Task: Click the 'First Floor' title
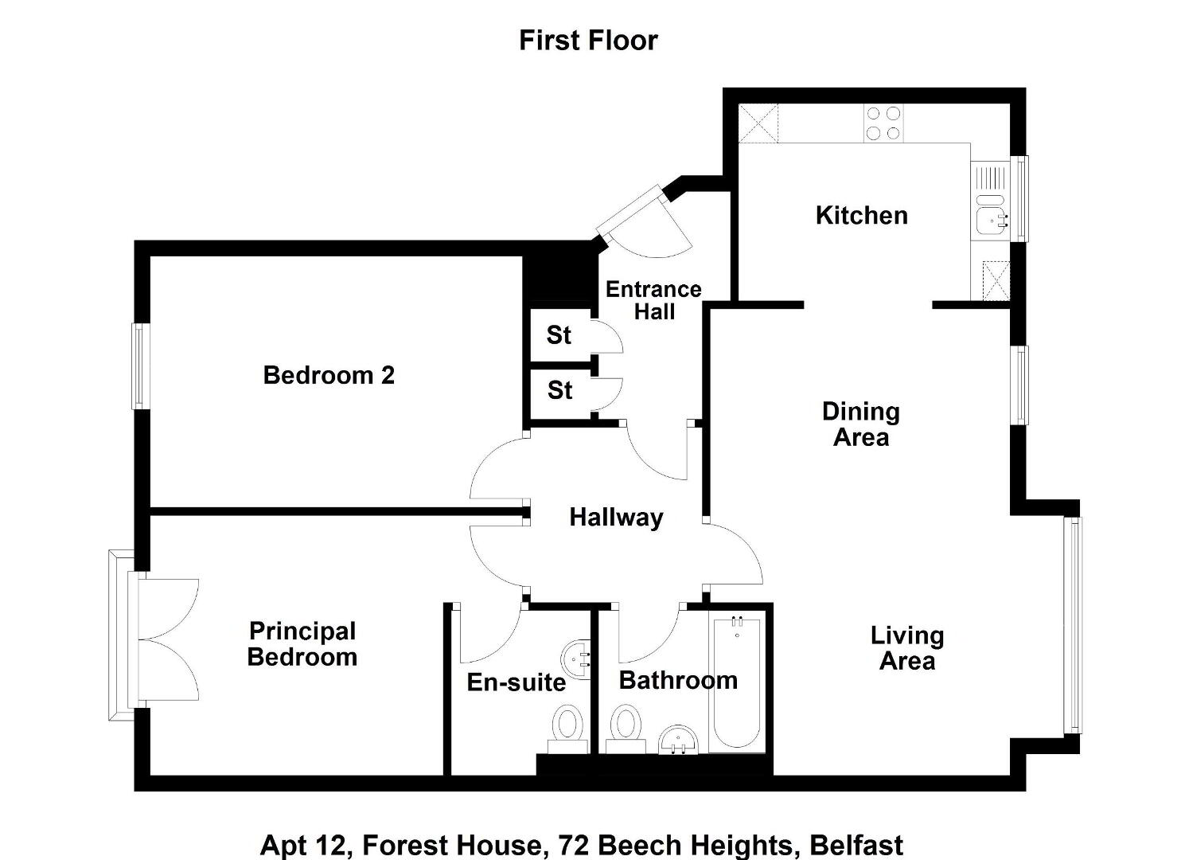[x=588, y=41]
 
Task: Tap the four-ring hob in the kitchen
[x=883, y=123]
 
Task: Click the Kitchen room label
[x=862, y=215]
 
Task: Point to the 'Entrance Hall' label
[x=654, y=300]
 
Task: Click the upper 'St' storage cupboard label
[x=559, y=335]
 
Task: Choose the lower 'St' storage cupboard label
[x=559, y=390]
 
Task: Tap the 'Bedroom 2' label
[x=329, y=375]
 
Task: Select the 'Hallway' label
[x=616, y=518]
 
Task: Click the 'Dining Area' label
[x=861, y=424]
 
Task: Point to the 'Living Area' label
[x=907, y=648]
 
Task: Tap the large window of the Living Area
[x=1073, y=625]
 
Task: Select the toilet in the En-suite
[x=567, y=729]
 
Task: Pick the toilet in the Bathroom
[x=626, y=729]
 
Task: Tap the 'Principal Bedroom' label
[x=302, y=644]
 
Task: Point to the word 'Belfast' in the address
[x=856, y=845]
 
